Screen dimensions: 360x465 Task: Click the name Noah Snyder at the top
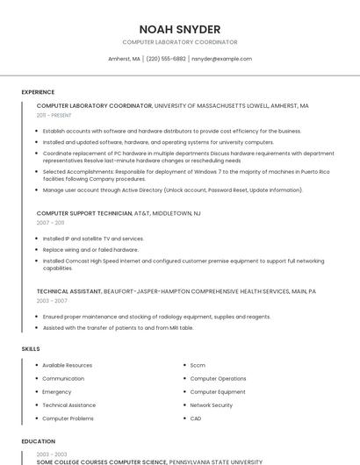tap(180, 29)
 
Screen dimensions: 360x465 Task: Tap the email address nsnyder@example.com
tap(221, 59)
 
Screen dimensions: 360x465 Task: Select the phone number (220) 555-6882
tap(166, 59)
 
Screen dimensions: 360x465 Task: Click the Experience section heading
tap(38, 92)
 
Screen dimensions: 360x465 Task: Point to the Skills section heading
tap(31, 349)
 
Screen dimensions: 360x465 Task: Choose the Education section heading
tap(39, 441)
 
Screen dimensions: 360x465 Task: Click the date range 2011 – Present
tap(54, 115)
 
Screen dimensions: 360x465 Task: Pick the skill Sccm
tap(198, 365)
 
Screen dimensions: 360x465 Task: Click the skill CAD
tap(196, 418)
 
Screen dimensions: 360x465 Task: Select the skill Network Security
tap(212, 405)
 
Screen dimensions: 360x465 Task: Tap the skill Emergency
tap(57, 392)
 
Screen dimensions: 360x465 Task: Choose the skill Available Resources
tap(67, 365)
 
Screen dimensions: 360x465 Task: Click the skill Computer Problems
tap(68, 418)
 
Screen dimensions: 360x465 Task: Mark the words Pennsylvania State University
tap(215, 461)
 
